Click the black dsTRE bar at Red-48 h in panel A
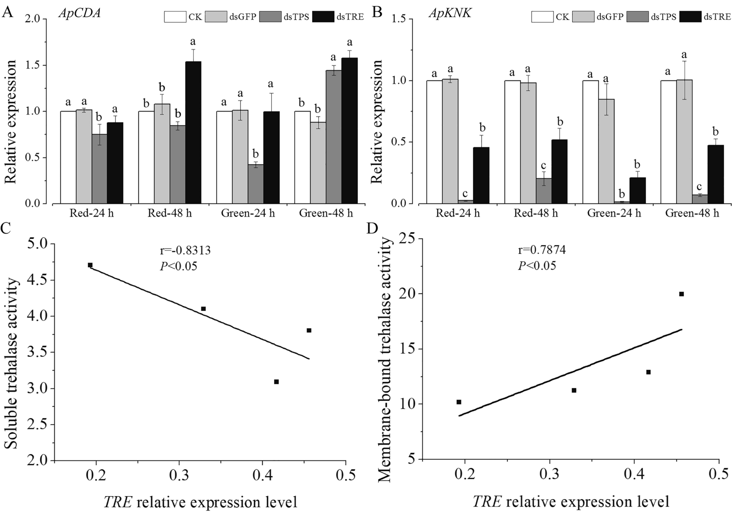[x=193, y=132]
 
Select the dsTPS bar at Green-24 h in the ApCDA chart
[x=255, y=184]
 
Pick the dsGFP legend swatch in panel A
[x=216, y=17]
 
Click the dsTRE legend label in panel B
[x=717, y=17]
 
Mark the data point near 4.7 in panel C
[x=90, y=265]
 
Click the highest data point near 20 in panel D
[x=681, y=294]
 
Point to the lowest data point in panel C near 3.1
[x=276, y=382]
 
